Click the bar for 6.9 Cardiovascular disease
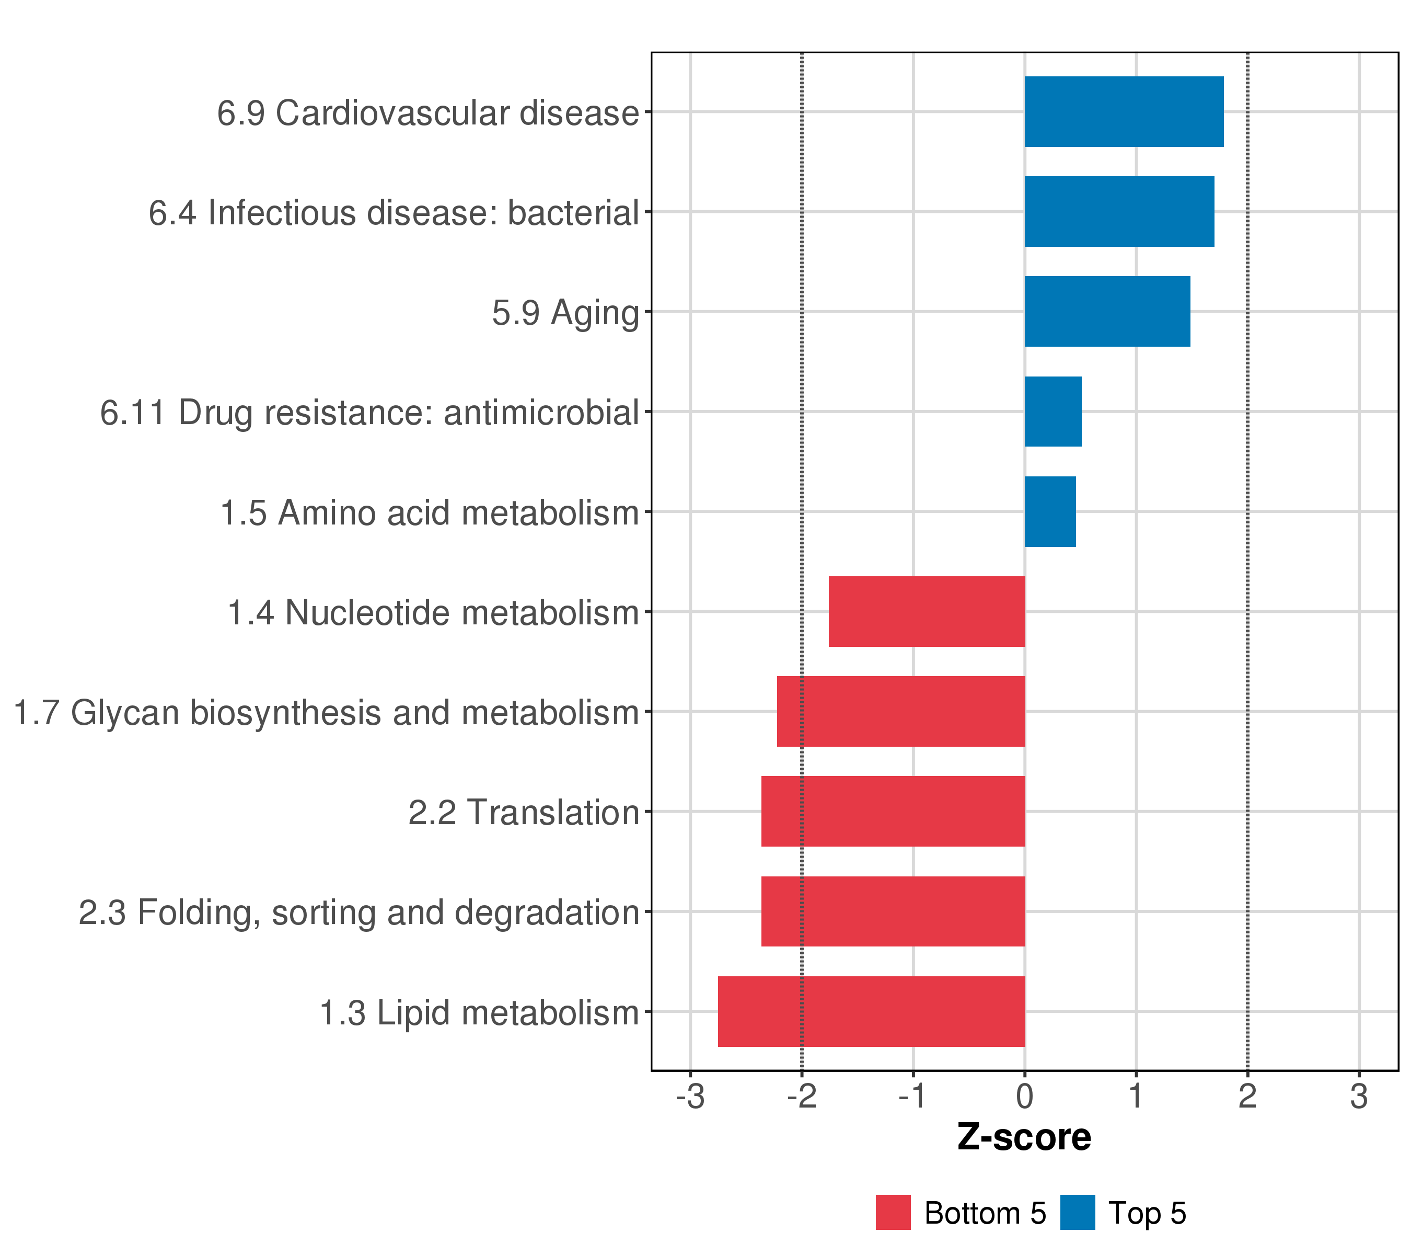(1123, 112)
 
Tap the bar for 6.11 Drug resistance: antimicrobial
(1053, 412)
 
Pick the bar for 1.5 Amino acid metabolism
(1050, 512)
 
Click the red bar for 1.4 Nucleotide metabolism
(927, 611)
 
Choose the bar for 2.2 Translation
(893, 812)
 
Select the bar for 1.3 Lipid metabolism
(871, 1011)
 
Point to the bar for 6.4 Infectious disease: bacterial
(1119, 211)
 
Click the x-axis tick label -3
(690, 1097)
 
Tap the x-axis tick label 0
(1024, 1097)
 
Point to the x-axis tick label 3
(1359, 1097)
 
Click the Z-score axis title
(1024, 1137)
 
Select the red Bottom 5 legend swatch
(893, 1213)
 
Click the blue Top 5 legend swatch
(1077, 1213)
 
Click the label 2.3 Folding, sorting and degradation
(358, 912)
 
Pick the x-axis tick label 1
(1136, 1097)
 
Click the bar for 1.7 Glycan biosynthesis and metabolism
(901, 711)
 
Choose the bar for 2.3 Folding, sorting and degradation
(893, 912)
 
